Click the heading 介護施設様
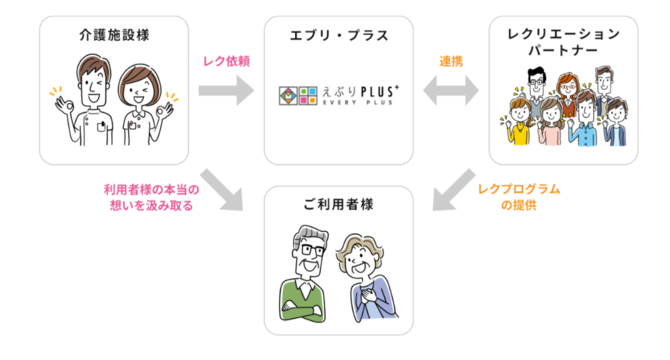pyautogui.click(x=114, y=36)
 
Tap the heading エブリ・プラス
pyautogui.click(x=339, y=36)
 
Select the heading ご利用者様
pyautogui.click(x=339, y=204)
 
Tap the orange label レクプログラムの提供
pyautogui.click(x=519, y=197)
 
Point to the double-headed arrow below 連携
pyautogui.click(x=451, y=91)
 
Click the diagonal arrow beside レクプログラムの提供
pyautogui.click(x=454, y=189)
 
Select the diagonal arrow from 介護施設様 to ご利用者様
pyautogui.click(x=221, y=189)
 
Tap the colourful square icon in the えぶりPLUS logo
pyautogui.click(x=297, y=94)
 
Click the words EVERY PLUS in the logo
pyautogui.click(x=357, y=102)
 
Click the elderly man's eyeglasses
pyautogui.click(x=310, y=251)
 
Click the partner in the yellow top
pyautogui.click(x=517, y=125)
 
